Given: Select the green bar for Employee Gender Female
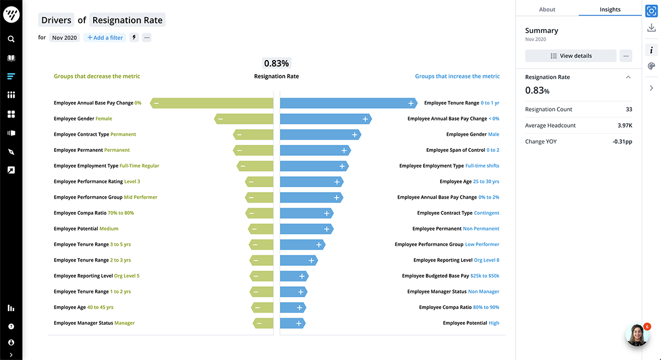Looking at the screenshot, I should [243, 118].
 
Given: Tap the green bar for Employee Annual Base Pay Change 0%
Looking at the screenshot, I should [212, 103].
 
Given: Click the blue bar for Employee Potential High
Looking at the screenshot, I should [292, 323].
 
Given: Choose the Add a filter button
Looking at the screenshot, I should [105, 37].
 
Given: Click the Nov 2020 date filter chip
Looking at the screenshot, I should [64, 37].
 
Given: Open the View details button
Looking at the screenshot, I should [571, 56].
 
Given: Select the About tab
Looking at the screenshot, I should [547, 9].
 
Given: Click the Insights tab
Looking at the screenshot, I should [610, 9].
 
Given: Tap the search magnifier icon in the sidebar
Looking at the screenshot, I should [11, 39].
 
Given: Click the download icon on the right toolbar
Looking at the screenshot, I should [651, 28].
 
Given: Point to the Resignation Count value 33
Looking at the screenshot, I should [629, 110].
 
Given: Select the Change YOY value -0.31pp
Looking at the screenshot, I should [622, 141].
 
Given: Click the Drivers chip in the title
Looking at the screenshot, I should [57, 20].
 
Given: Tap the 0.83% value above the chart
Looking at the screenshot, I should [277, 63].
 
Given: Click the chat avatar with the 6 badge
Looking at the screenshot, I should [637, 335].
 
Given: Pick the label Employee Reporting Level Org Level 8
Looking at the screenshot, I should [456, 260].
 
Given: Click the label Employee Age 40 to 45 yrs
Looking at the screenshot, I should [84, 307].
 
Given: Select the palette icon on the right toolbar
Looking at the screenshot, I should [651, 66].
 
